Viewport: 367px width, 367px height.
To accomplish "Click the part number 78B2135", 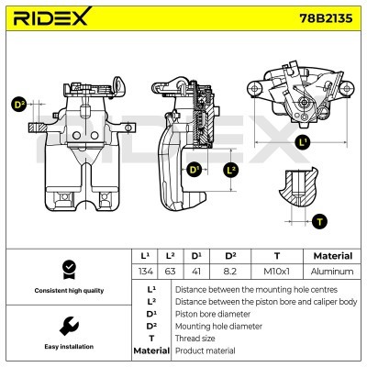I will (326, 18).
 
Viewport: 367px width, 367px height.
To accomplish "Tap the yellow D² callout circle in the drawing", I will (17, 105).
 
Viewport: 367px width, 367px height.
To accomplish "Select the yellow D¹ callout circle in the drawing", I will (195, 171).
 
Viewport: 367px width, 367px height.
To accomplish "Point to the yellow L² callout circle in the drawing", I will (231, 171).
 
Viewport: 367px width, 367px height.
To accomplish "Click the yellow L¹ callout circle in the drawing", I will (305, 142).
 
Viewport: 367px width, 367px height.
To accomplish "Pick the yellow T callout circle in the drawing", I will (318, 221).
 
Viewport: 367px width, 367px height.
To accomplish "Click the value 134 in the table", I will (143, 272).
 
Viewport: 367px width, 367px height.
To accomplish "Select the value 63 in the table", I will (170, 272).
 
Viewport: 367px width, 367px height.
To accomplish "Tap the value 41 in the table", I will (196, 272).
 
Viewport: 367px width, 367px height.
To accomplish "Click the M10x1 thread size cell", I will (276, 272).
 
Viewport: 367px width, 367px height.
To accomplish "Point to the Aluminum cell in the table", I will (331, 272).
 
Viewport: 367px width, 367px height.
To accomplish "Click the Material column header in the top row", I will (331, 256).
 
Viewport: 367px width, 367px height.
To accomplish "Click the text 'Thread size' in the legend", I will (194, 338).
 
